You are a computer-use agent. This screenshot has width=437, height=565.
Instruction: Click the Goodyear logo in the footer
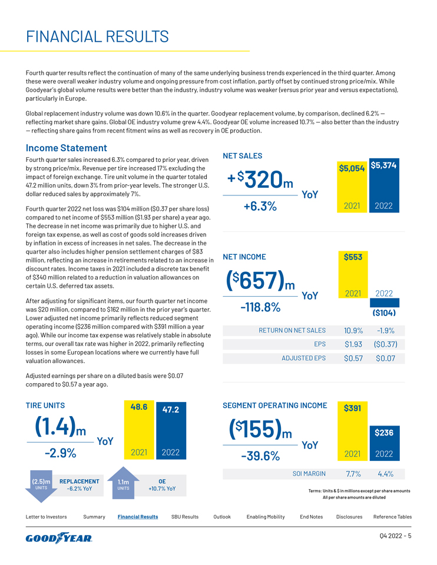tap(59, 538)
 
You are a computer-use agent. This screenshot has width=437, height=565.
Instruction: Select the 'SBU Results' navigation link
tap(184, 517)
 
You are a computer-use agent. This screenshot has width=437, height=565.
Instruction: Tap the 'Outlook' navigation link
tap(222, 517)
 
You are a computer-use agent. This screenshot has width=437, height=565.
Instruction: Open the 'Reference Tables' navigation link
tap(392, 517)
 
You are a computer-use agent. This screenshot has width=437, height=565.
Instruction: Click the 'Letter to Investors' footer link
tap(46, 517)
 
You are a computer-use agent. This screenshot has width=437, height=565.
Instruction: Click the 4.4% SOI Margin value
tap(385, 473)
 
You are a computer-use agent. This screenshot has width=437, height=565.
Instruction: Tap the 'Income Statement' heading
tap(67, 148)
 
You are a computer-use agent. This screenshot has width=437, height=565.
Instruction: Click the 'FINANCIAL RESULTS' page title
tap(97, 37)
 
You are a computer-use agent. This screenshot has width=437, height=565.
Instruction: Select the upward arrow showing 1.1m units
tap(123, 486)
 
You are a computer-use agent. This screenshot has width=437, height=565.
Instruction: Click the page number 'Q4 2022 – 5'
tap(394, 536)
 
